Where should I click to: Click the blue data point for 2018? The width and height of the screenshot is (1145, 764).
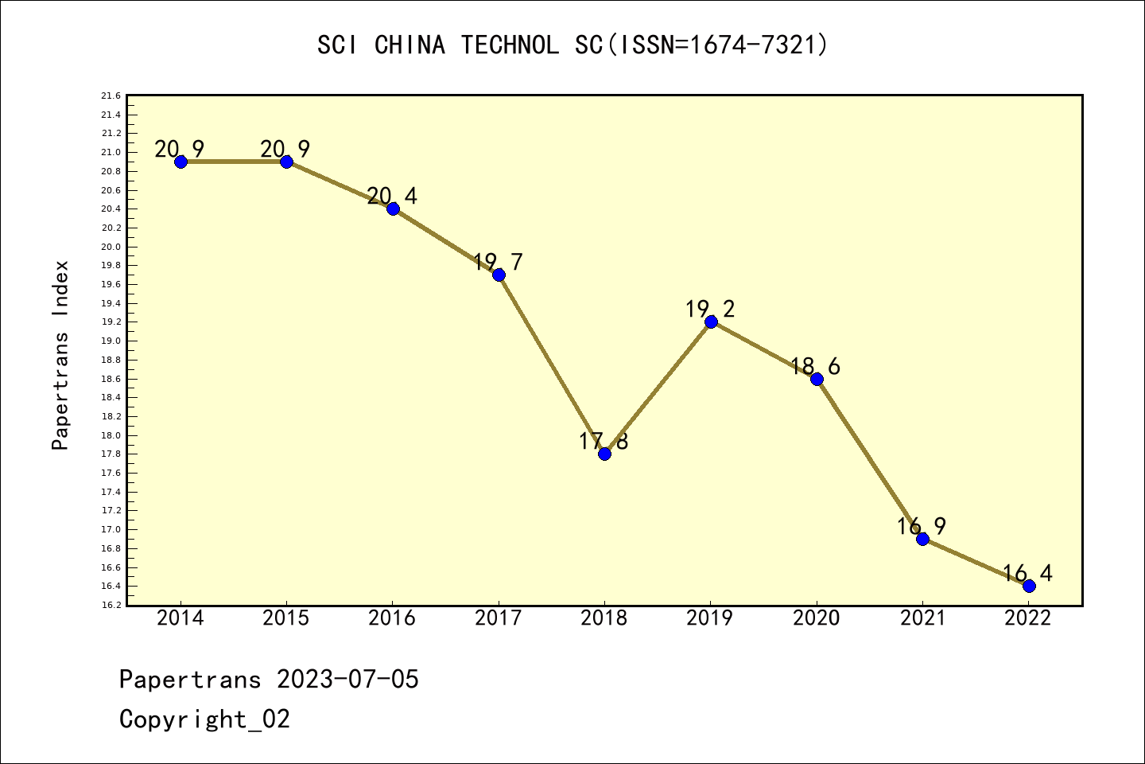(604, 454)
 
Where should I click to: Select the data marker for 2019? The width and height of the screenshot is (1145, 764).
(711, 322)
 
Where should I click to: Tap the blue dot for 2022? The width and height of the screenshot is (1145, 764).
(1029, 586)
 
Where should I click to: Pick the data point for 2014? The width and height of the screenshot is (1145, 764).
(180, 162)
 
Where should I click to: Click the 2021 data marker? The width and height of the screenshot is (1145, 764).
(922, 539)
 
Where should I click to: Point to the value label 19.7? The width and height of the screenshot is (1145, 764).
(498, 262)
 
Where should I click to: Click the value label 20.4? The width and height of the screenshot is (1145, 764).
(392, 196)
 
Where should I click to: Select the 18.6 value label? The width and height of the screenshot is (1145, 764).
(815, 366)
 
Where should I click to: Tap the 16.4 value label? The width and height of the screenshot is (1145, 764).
(1027, 573)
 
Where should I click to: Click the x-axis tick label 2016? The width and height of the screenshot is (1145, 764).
(392, 618)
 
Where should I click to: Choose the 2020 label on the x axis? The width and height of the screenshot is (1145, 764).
(816, 618)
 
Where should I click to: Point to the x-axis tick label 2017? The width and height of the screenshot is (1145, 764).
(499, 618)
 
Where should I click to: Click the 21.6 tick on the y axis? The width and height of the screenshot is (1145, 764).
(111, 96)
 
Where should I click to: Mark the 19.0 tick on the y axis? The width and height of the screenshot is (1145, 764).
(111, 341)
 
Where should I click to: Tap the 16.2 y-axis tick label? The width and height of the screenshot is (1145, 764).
(111, 606)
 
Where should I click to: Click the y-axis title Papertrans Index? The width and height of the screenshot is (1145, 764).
(60, 355)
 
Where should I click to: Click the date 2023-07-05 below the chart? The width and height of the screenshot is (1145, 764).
(347, 680)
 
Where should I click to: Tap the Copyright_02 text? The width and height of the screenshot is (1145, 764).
(204, 719)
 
